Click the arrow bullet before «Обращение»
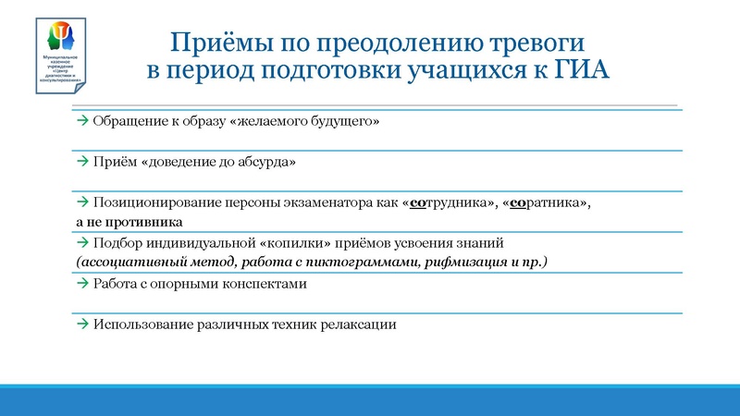pyautogui.click(x=82, y=121)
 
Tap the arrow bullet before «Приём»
pyautogui.click(x=82, y=162)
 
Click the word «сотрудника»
pyautogui.click(x=450, y=202)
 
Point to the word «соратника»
pyautogui.click(x=547, y=202)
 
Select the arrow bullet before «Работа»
pyautogui.click(x=82, y=285)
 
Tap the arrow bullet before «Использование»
pyautogui.click(x=82, y=325)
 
